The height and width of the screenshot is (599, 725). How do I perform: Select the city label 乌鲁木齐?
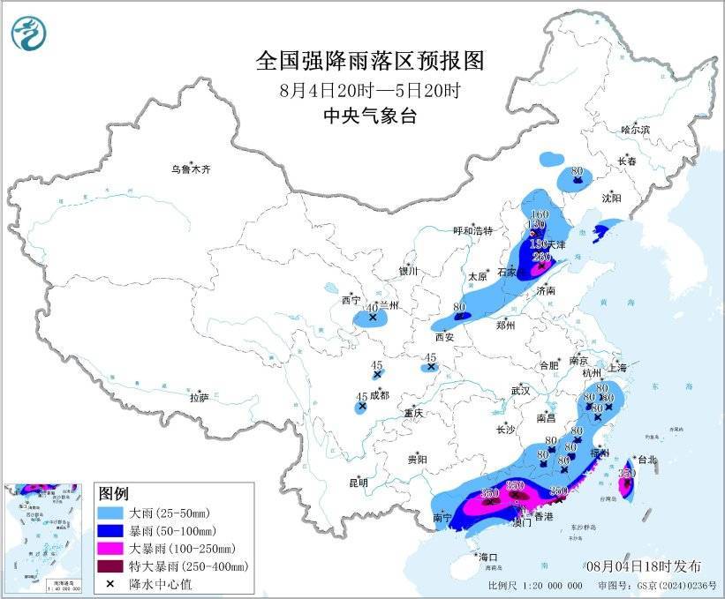coord(192,168)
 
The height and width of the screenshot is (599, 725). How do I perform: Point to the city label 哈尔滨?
coord(634,130)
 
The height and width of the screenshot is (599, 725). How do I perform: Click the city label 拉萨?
coord(199,398)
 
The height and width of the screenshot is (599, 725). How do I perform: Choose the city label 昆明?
coord(358,483)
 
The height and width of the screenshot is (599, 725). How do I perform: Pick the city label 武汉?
coord(519,390)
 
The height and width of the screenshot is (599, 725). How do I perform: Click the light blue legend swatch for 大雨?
coord(111,513)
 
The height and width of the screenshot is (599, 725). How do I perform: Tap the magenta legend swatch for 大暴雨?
coord(111,548)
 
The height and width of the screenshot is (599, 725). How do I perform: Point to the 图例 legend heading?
coord(114,492)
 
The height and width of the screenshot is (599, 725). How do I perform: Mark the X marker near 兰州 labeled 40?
coord(373,317)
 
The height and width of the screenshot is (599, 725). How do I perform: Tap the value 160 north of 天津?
coord(540,215)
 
